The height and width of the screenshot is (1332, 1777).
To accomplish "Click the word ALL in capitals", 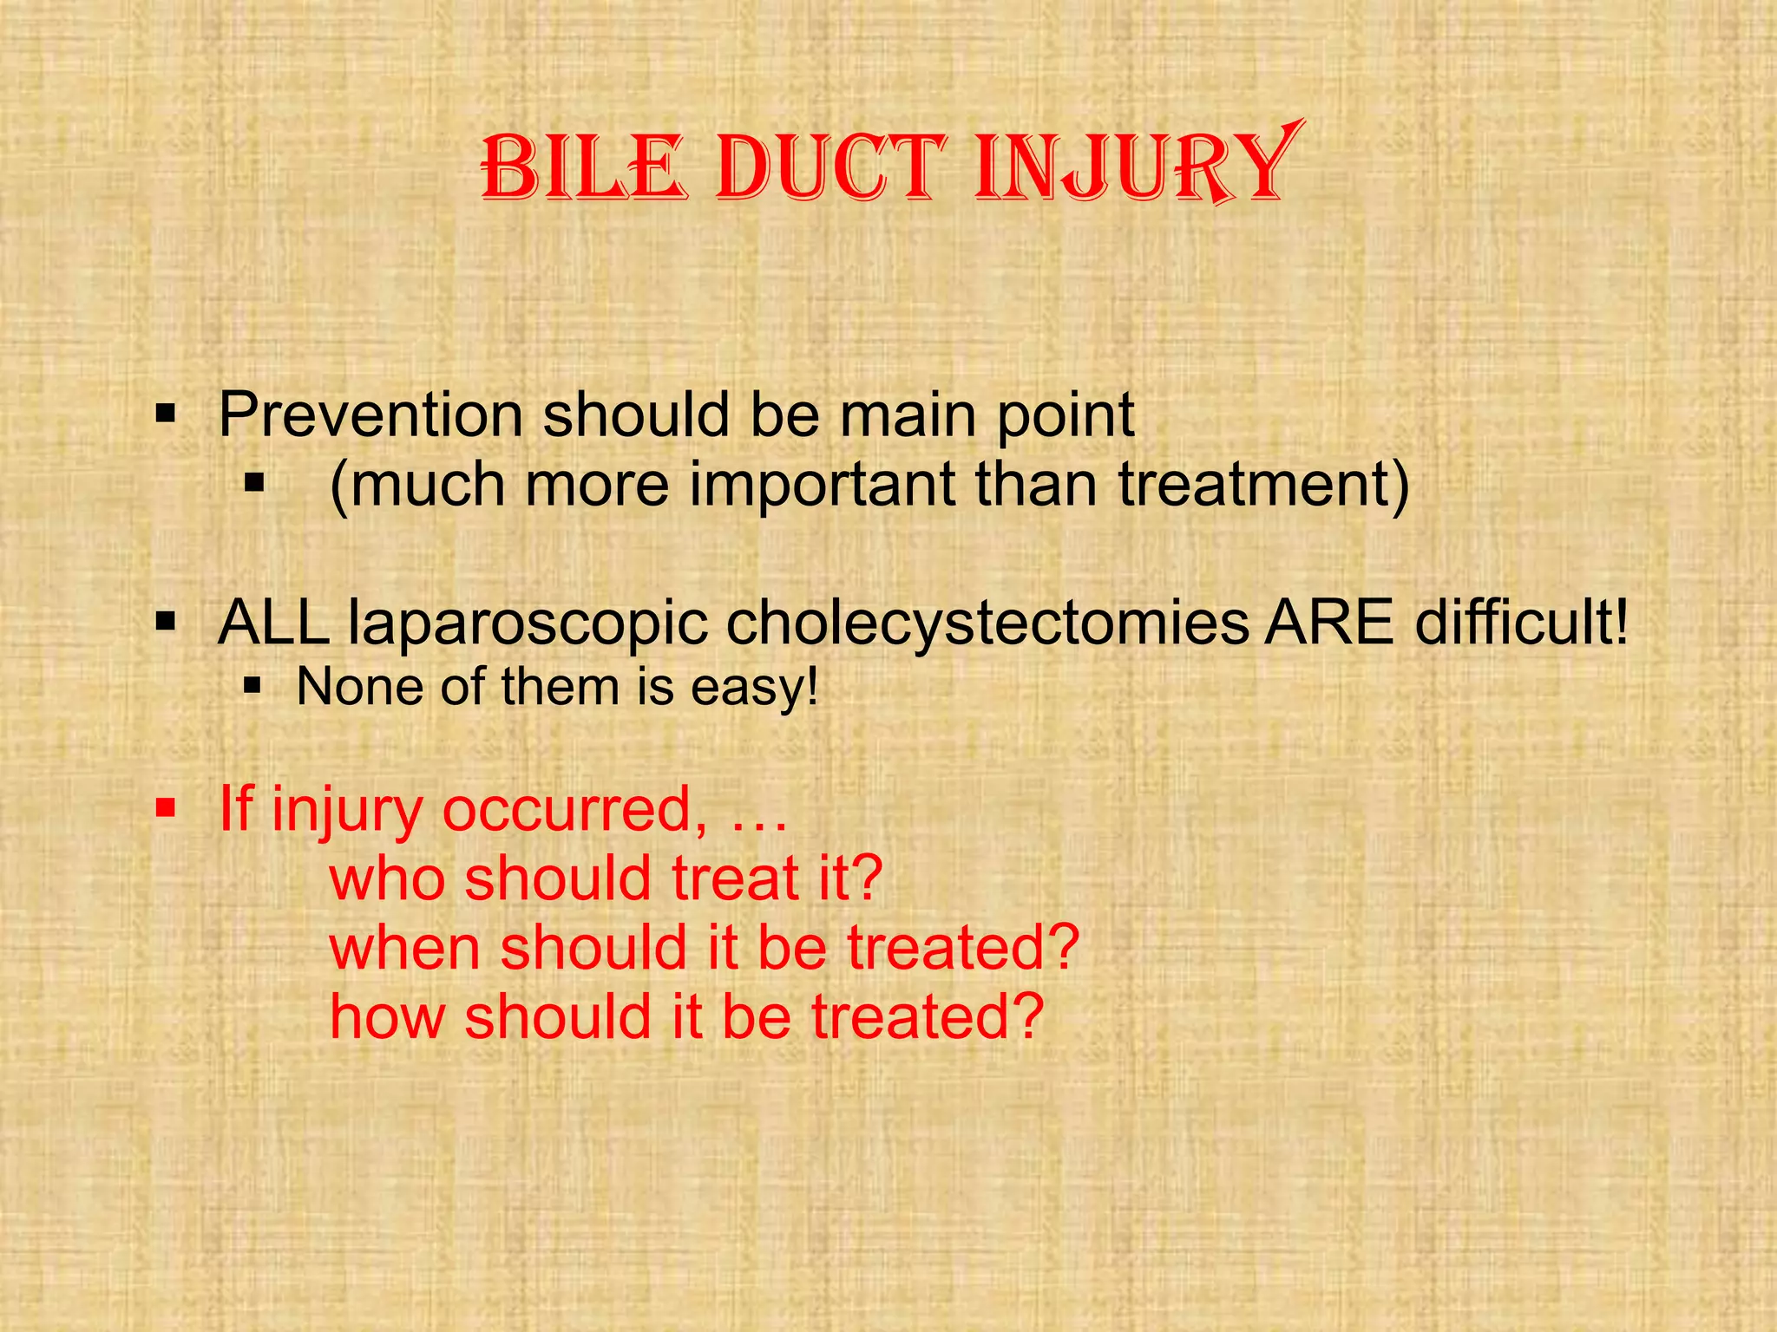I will click(x=273, y=622).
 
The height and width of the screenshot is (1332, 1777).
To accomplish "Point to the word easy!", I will click(x=754, y=689).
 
